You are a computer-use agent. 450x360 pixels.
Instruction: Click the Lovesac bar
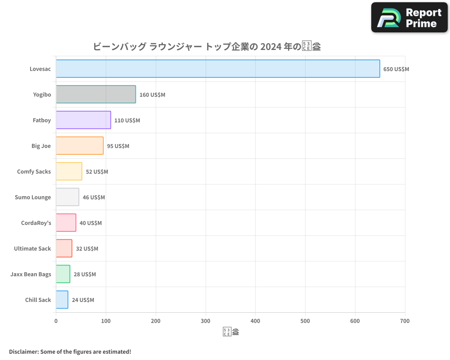click(x=218, y=69)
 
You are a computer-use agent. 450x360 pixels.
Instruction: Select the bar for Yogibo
click(x=96, y=94)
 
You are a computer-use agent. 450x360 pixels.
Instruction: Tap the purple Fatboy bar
click(x=83, y=120)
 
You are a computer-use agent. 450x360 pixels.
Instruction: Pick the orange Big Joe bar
click(x=80, y=146)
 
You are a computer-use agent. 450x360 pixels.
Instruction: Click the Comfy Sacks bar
click(x=69, y=171)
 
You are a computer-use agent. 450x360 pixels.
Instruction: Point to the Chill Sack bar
click(x=62, y=300)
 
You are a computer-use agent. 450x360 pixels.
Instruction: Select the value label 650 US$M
click(x=396, y=69)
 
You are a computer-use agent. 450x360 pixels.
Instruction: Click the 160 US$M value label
click(x=152, y=95)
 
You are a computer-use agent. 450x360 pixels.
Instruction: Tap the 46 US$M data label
click(x=94, y=198)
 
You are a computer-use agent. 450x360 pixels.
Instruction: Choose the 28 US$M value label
click(x=85, y=274)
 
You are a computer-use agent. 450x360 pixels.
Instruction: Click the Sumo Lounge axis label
click(x=32, y=197)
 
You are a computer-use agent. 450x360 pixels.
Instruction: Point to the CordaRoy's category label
click(x=36, y=223)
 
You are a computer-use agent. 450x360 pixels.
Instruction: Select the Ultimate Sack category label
click(x=32, y=248)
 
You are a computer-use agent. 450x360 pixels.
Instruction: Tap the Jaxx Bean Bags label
click(x=31, y=274)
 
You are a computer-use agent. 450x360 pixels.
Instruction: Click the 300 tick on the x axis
click(x=206, y=321)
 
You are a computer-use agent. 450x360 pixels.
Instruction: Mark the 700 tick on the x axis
click(x=405, y=321)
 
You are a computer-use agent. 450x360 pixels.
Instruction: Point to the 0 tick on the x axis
click(x=56, y=321)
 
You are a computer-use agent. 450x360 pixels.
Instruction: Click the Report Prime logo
click(x=409, y=18)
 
